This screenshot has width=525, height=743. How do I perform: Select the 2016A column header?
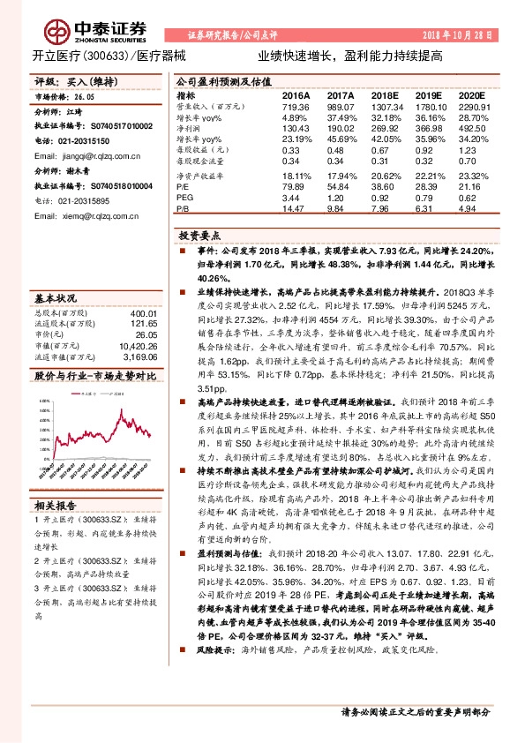[296, 96]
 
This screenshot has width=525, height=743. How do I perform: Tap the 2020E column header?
[472, 96]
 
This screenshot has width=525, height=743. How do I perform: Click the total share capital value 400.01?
[142, 313]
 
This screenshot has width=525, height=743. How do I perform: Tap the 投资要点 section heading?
[198, 236]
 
